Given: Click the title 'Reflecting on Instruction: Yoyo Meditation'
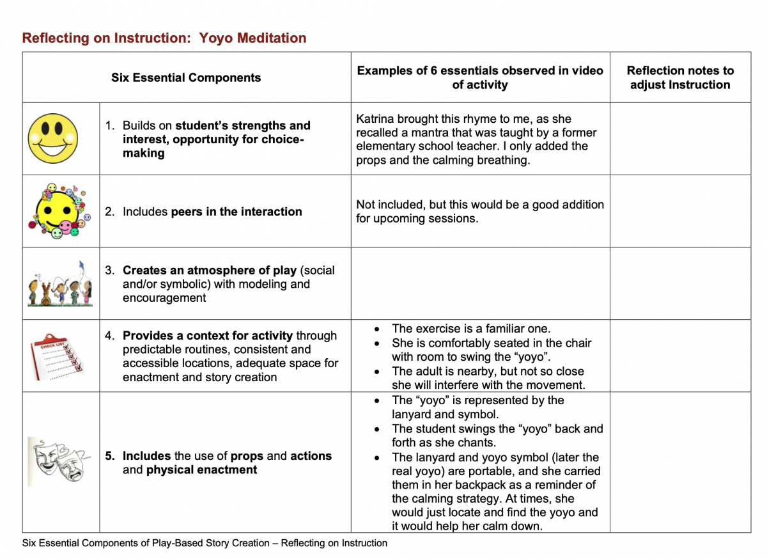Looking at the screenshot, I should pyautogui.click(x=164, y=38).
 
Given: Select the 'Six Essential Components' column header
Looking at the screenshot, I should pyautogui.click(x=186, y=78).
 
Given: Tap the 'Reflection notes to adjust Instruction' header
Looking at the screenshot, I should pyautogui.click(x=680, y=78).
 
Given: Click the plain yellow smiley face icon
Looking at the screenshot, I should pyautogui.click(x=53, y=139).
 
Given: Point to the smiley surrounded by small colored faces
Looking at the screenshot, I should pyautogui.click(x=59, y=211).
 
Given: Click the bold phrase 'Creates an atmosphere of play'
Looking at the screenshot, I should pyautogui.click(x=210, y=271).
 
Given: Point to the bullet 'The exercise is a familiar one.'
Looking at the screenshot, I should pyautogui.click(x=470, y=329).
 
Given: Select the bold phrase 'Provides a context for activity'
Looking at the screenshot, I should pyautogui.click(x=208, y=336).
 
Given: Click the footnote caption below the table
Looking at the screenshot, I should pyautogui.click(x=205, y=543).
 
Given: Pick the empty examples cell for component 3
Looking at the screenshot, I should pyautogui.click(x=480, y=283).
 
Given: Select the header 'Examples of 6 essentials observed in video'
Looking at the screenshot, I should pyautogui.click(x=480, y=70).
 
